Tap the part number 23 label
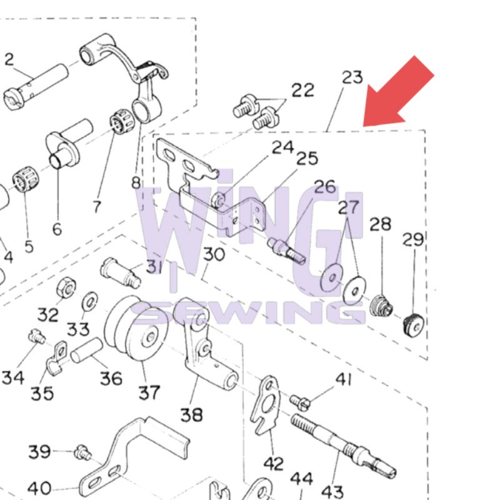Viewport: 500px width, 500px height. pyautogui.click(x=352, y=78)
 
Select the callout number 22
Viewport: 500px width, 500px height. pyautogui.click(x=303, y=90)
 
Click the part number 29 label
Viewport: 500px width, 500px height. pyautogui.click(x=413, y=239)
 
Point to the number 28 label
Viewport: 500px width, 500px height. pyautogui.click(x=380, y=224)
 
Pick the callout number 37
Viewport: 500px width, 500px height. pyautogui.click(x=149, y=393)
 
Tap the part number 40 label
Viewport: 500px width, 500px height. pyautogui.click(x=39, y=488)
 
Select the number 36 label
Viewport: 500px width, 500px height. pyautogui.click(x=111, y=379)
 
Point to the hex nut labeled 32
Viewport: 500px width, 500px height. pyautogui.click(x=64, y=289)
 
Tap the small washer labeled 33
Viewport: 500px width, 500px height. pyautogui.click(x=90, y=302)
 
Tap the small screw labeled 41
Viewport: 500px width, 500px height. pyautogui.click(x=300, y=400)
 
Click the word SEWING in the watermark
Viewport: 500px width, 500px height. pyautogui.click(x=250, y=313)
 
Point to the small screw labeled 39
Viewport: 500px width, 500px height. pyautogui.click(x=81, y=451)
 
